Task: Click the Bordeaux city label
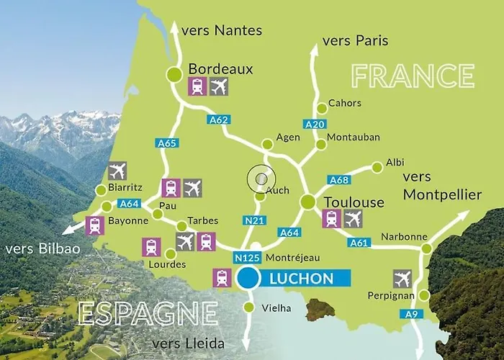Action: (x=220, y=68)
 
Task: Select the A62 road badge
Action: (x=218, y=119)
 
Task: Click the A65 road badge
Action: (x=167, y=143)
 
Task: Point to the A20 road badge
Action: (x=315, y=124)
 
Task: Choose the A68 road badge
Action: (x=338, y=179)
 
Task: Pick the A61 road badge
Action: (x=359, y=243)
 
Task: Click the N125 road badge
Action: (x=246, y=257)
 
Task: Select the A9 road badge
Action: (x=410, y=313)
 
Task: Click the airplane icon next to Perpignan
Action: (x=402, y=279)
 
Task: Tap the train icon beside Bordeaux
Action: (x=197, y=86)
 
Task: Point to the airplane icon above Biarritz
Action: (x=117, y=171)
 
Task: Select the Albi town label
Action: (x=395, y=163)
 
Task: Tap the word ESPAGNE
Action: (x=148, y=313)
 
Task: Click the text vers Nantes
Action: (x=222, y=30)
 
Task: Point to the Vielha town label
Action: (x=277, y=308)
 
